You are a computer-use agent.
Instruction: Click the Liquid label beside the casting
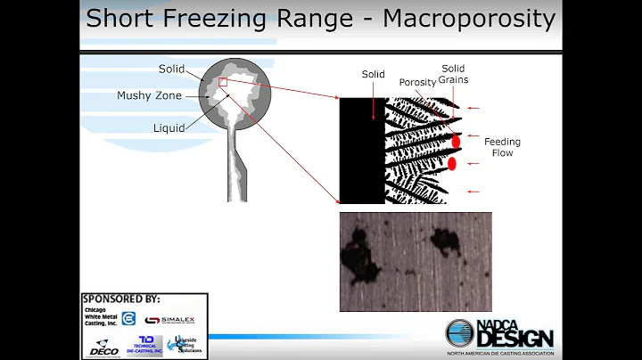pos(168,127)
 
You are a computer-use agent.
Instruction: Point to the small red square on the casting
pos(223,83)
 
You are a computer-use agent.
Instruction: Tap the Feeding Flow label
pos(502,147)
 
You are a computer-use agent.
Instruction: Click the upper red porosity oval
pos(456,141)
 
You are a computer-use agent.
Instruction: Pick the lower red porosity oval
pos(452,163)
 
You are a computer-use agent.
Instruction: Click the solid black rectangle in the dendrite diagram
pos(361,151)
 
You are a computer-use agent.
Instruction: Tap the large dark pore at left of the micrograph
pos(359,255)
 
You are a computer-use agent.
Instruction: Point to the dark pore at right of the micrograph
pos(443,241)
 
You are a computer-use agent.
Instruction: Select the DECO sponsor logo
pos(104,348)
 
